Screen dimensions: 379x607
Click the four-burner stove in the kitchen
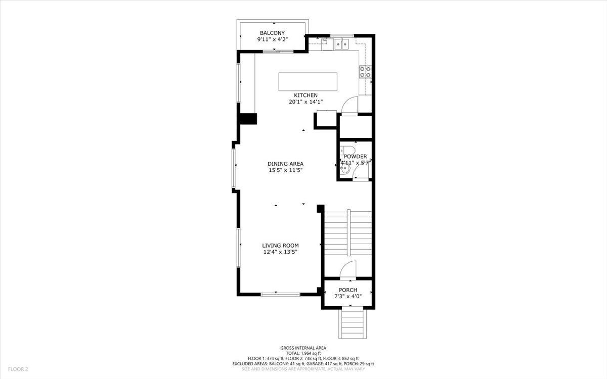pos(365,72)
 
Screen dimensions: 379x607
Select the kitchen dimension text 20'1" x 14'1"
pos(306,102)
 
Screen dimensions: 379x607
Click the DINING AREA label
pos(286,164)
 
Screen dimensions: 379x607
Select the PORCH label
pos(348,290)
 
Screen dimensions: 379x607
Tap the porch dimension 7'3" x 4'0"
pos(348,297)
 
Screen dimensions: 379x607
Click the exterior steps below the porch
pos(352,323)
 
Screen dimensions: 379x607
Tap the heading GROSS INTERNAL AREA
pos(303,348)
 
